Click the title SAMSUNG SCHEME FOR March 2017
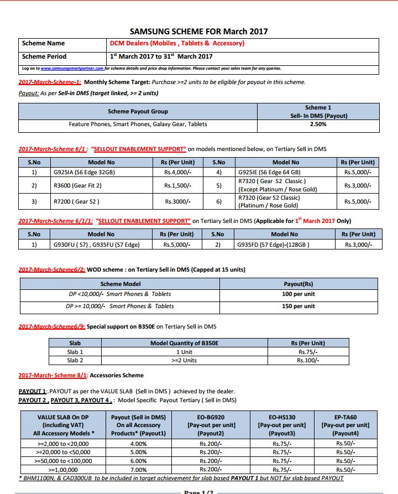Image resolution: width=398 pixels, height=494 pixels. point(198,32)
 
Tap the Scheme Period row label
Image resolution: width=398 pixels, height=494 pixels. point(44,56)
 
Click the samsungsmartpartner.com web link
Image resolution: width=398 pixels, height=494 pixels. point(72,69)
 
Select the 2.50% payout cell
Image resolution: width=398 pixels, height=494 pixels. point(318,124)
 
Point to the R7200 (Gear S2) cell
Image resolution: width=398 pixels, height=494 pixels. point(77,202)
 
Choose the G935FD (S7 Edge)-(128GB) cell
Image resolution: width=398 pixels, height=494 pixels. point(273,245)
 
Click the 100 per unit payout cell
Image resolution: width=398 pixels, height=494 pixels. point(298,294)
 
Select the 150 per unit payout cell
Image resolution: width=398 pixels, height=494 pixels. point(298,306)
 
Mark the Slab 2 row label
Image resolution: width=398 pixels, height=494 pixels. point(75,361)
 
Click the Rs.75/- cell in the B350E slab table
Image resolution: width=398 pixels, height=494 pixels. point(308,352)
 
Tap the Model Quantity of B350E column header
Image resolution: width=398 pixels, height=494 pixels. point(184,343)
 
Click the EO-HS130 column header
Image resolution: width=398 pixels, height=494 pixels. point(282,417)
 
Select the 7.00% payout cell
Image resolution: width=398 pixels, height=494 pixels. point(138,470)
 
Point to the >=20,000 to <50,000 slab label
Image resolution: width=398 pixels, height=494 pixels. point(64,452)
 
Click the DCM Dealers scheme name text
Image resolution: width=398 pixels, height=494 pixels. point(177,43)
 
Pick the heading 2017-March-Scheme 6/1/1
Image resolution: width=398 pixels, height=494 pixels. point(56,221)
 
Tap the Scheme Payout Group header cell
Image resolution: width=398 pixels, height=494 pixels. point(138,112)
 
